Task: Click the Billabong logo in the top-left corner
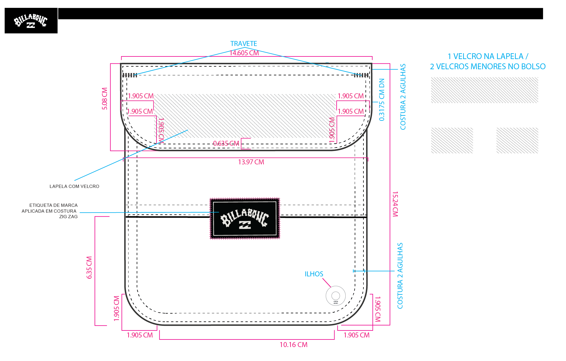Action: (31, 21)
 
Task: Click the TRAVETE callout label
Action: (244, 44)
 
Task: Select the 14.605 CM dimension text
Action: (244, 53)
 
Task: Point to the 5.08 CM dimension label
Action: (105, 99)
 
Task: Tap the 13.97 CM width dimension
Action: (251, 162)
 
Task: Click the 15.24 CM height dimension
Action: (395, 204)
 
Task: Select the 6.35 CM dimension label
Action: (89, 267)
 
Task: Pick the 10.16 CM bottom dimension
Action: (293, 345)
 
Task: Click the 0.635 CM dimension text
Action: (226, 143)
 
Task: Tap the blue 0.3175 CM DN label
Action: (382, 100)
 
